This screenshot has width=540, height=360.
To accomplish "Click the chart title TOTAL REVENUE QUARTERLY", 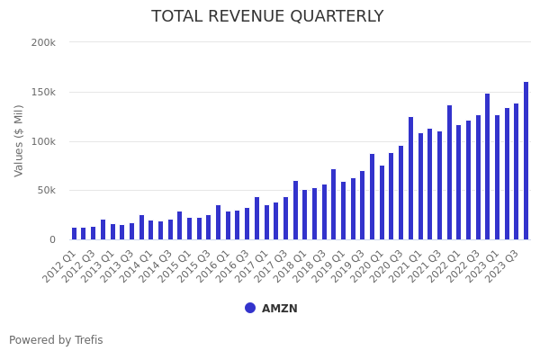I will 267,17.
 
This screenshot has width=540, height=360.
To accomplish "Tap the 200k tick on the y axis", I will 43,42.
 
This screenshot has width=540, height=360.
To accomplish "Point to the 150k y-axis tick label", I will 43,92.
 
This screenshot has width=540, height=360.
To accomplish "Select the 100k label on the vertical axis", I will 43,141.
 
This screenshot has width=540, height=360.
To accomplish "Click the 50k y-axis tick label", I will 46,190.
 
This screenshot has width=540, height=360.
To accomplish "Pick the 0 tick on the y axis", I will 52,239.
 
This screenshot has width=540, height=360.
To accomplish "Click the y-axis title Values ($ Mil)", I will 20,140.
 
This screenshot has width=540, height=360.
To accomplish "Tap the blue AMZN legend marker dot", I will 250,308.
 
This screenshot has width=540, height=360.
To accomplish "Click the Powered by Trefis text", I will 56,340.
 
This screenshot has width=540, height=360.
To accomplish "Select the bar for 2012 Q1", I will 74,234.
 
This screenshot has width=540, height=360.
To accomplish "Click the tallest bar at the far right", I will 526,162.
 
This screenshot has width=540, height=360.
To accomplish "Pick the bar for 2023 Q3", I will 516,172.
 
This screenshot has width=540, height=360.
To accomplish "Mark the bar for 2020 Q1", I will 382,202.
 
